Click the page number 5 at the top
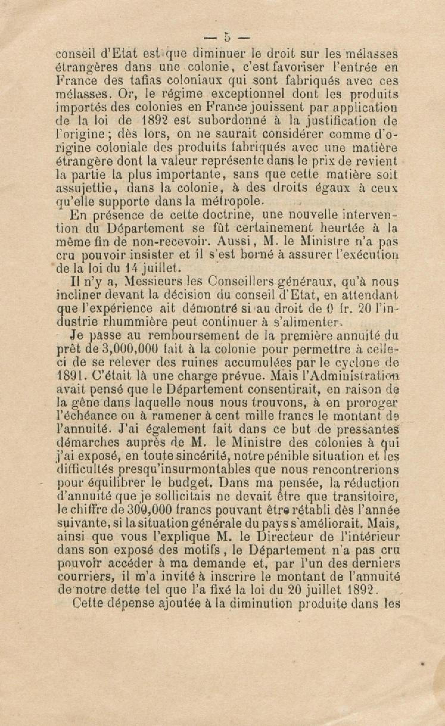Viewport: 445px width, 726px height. click(227, 38)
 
